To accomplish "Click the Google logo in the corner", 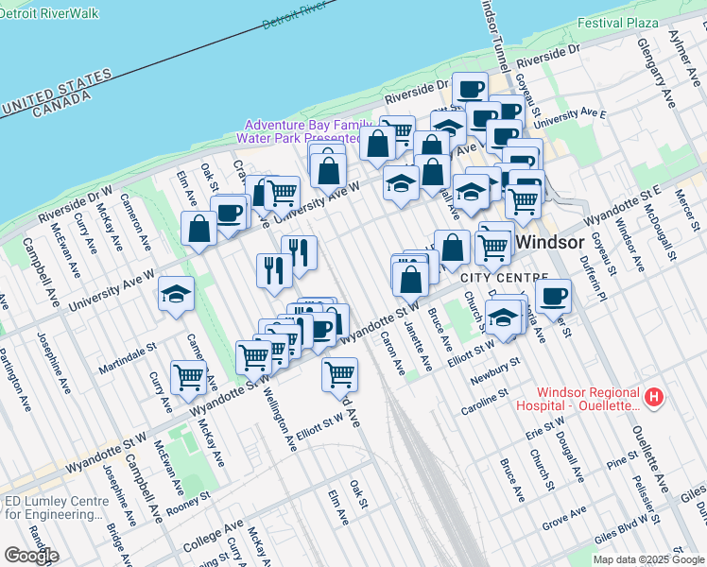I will coord(31,556).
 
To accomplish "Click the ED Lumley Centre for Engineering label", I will coord(54,508).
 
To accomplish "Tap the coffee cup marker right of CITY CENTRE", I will coord(553,295).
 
